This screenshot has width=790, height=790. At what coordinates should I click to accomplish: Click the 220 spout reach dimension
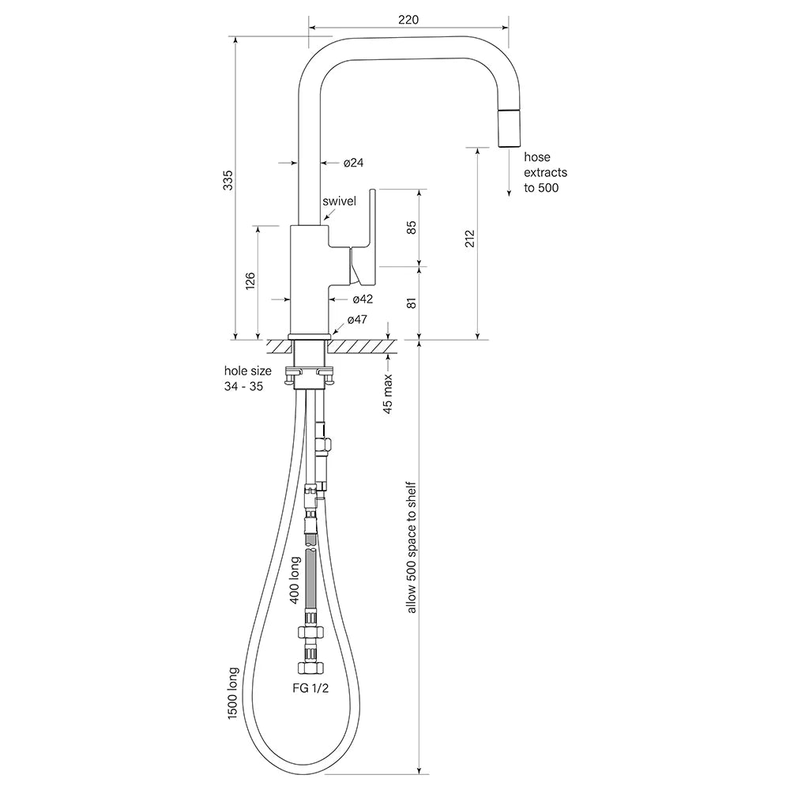click(408, 19)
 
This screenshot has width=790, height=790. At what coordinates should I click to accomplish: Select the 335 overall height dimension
click(228, 182)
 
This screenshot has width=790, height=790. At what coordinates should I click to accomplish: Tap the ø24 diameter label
click(353, 163)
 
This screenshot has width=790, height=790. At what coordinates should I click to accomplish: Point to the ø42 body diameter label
click(363, 299)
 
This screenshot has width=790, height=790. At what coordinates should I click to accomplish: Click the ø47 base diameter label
click(358, 320)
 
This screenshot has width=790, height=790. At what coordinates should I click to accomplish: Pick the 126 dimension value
click(250, 282)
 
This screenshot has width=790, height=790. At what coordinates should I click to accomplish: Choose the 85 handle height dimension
click(411, 228)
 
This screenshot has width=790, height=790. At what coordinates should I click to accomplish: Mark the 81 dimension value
click(411, 303)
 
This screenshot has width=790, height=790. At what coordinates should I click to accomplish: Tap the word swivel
click(340, 201)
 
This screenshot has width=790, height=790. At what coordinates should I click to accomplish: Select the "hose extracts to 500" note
click(545, 172)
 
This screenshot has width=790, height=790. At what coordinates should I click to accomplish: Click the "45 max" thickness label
click(388, 394)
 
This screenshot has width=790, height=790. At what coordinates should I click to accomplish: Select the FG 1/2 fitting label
click(310, 688)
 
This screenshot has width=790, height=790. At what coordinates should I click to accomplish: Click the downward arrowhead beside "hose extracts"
click(508, 192)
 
